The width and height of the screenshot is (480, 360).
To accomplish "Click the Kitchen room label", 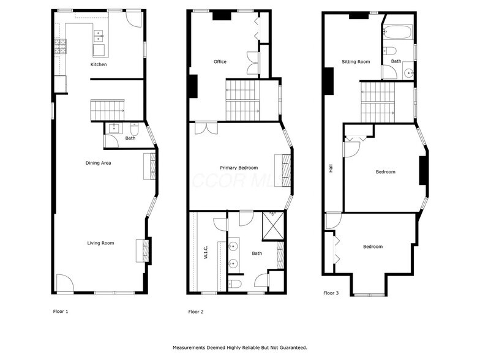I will (x=99, y=64).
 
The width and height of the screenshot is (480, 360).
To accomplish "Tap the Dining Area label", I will (x=98, y=163).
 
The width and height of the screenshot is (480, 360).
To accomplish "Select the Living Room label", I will (x=100, y=243).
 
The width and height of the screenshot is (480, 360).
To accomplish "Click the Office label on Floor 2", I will (x=220, y=62).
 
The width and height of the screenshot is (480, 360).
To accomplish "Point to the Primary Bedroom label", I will (x=239, y=168).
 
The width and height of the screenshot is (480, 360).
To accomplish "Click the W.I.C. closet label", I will (x=206, y=252).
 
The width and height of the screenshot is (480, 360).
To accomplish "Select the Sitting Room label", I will (x=356, y=62).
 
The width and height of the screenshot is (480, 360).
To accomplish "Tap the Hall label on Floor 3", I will (x=331, y=168).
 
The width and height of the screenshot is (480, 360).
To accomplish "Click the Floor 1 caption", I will (x=61, y=311).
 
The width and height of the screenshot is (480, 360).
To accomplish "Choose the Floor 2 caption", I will (x=196, y=312).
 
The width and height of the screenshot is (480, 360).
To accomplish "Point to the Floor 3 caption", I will (x=331, y=293).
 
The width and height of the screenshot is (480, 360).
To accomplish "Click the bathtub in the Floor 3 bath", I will (x=398, y=31).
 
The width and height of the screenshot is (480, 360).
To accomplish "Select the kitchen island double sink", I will (x=99, y=38).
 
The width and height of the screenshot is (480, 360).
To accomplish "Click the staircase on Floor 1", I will (x=107, y=110).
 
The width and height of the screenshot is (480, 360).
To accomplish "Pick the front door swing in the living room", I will (x=64, y=283).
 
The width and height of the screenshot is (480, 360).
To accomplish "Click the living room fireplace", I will (x=146, y=250).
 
